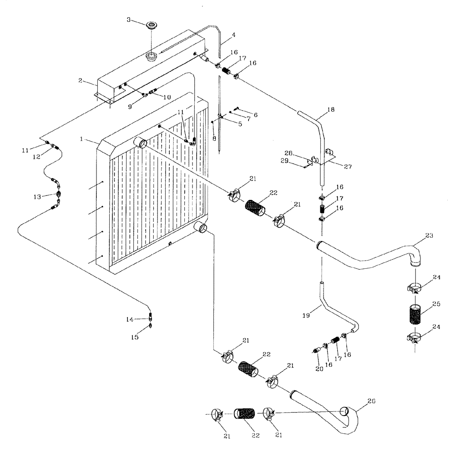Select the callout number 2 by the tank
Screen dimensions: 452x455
pos(80,80)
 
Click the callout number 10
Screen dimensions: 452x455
pos(167,97)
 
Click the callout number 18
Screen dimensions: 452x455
pos(331,110)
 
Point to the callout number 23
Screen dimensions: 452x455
pos(429,236)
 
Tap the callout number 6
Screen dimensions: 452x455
pos(255,115)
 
